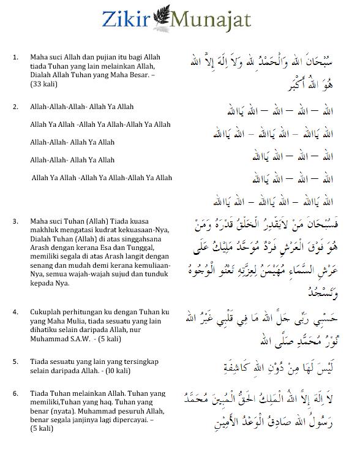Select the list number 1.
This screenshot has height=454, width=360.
15,57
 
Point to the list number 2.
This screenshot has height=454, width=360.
15,107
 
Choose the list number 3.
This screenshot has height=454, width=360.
15,221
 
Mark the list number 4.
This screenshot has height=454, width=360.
15,312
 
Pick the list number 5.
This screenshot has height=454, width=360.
15,361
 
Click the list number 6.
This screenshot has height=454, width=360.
15,392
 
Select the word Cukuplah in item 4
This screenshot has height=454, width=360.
47,312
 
